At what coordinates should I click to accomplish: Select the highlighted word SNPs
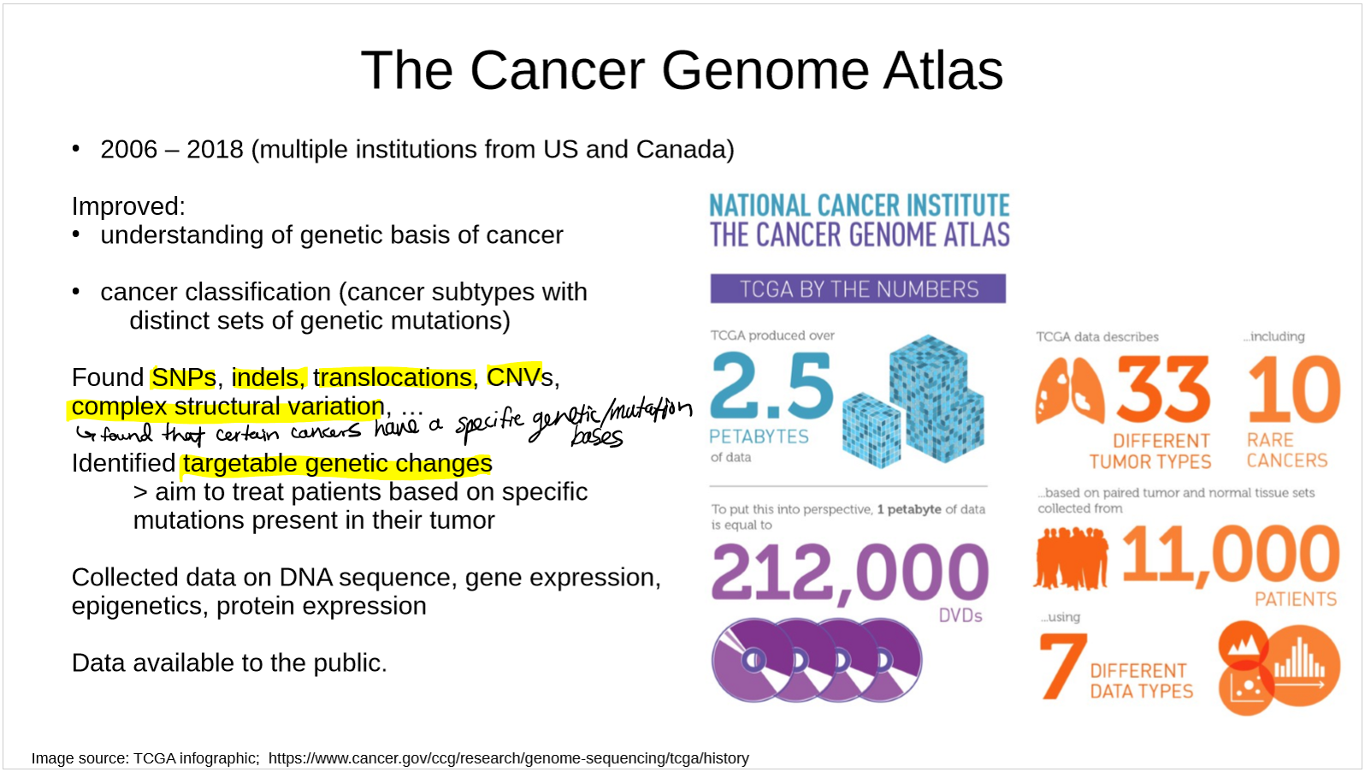(183, 377)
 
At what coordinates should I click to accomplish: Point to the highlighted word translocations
(393, 377)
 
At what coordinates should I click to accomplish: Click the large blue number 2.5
(771, 387)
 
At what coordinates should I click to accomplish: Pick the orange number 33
(1163, 389)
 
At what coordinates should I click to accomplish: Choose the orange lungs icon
(1069, 389)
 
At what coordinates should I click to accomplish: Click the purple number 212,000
(849, 573)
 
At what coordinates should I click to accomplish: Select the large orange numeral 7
(1062, 666)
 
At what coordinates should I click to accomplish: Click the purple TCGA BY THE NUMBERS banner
(858, 288)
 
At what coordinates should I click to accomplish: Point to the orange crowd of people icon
(1072, 559)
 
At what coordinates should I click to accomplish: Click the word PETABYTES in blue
(759, 436)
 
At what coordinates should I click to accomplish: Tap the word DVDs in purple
(960, 616)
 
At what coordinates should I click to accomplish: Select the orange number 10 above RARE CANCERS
(1294, 389)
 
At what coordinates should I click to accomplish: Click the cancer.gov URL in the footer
(509, 758)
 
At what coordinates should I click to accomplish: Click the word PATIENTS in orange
(1296, 599)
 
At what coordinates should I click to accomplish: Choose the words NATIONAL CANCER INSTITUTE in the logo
(860, 205)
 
